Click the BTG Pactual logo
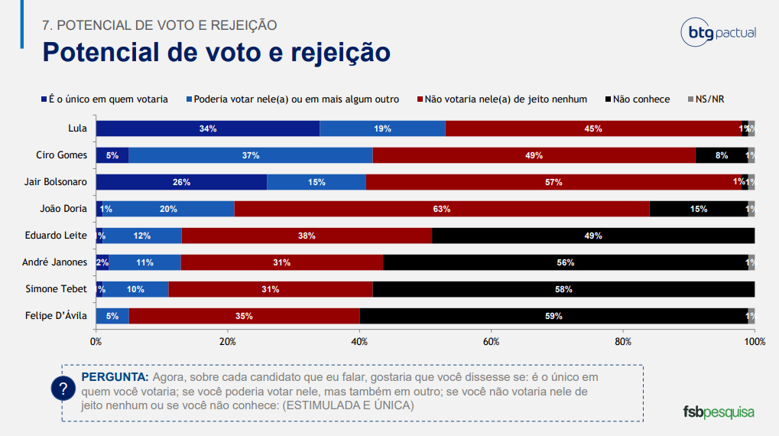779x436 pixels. tap(718, 32)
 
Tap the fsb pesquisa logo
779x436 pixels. tap(718, 412)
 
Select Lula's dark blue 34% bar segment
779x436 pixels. tap(207, 129)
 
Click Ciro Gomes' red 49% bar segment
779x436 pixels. tap(534, 155)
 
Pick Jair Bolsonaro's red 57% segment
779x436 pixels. tap(553, 182)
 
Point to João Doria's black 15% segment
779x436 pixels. tap(698, 209)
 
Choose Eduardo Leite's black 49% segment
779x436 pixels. tap(593, 236)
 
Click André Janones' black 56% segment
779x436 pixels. tap(566, 262)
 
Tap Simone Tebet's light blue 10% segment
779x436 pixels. tap(136, 289)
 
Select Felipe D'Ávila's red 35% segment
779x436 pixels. tap(244, 316)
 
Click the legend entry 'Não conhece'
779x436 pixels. tap(641, 99)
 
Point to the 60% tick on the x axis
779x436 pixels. tap(491, 341)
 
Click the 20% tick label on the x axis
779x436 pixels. tap(227, 341)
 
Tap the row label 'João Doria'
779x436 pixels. tap(63, 209)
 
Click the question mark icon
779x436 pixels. tap(63, 389)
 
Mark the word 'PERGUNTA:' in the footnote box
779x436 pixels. tap(115, 378)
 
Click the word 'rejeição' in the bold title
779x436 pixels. tap(341, 52)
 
